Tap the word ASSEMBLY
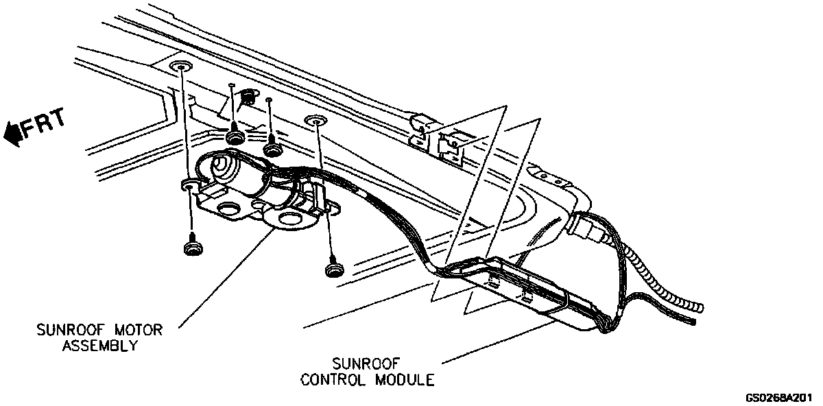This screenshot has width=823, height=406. [x=100, y=346]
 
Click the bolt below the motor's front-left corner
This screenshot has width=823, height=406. [x=191, y=248]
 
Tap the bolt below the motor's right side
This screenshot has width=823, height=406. [x=335, y=267]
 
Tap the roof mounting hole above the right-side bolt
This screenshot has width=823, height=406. [x=315, y=121]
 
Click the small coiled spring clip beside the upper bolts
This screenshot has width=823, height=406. [x=250, y=97]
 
